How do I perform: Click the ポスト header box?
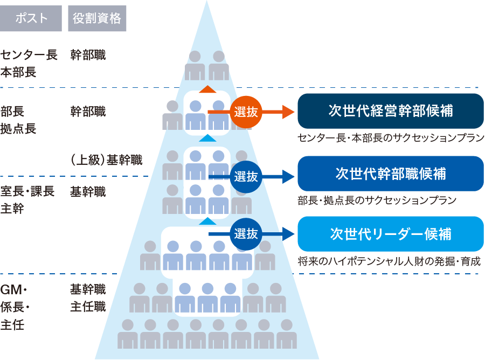coord(31,18)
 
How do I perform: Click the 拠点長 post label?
coord(18,129)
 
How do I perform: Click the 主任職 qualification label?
coord(88,307)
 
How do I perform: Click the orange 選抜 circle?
coord(246,112)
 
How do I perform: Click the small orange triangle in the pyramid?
coord(207,89)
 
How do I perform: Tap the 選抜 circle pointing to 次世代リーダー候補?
coord(246,234)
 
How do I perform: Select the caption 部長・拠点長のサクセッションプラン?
coord(377,200)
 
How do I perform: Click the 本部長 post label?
coord(18,72)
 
